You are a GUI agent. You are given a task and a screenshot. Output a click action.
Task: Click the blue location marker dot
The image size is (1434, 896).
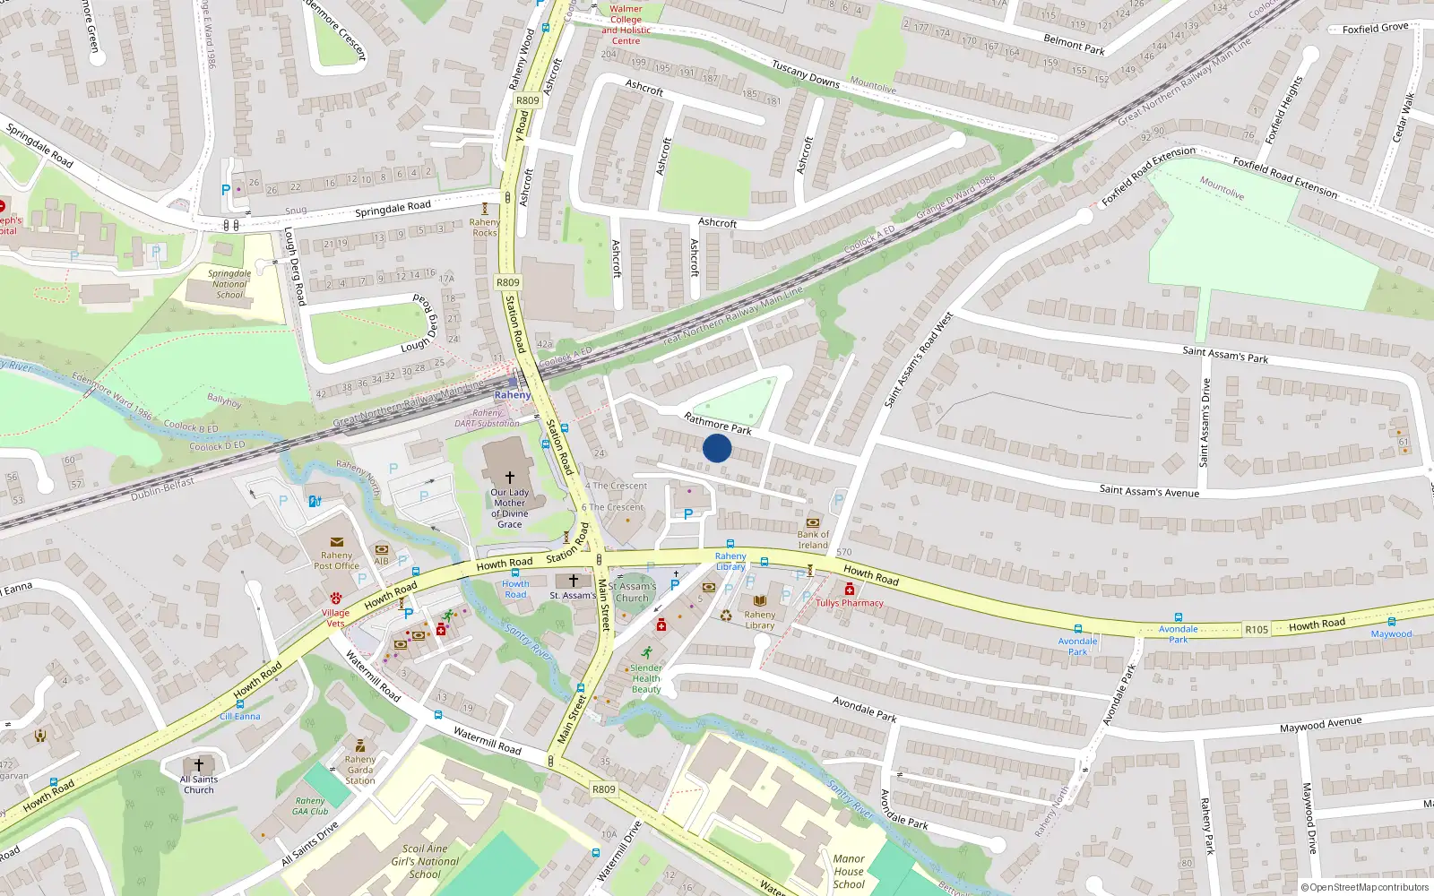coord(717,448)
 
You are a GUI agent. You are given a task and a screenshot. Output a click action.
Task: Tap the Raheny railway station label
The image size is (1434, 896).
coord(513,395)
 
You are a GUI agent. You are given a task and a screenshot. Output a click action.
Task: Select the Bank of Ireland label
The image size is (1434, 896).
coord(813,539)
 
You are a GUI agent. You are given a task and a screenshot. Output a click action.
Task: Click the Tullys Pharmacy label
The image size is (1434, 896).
coord(850,603)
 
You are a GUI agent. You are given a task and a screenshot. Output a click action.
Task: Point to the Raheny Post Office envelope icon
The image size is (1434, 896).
coord(337,542)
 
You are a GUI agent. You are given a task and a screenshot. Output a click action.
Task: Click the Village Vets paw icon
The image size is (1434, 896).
coord(336,598)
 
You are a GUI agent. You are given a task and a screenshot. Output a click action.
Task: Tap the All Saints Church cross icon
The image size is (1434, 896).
coord(199,765)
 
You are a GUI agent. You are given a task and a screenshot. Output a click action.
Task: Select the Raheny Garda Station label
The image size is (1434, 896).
coord(360,770)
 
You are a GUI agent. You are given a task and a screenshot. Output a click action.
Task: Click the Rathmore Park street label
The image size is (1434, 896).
coord(718,424)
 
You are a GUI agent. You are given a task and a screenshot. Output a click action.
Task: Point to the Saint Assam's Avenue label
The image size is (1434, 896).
coord(1149,491)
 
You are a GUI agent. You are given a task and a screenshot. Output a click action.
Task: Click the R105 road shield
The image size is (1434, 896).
coord(1257,630)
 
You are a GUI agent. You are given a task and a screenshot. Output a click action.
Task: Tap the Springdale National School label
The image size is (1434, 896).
coord(229,284)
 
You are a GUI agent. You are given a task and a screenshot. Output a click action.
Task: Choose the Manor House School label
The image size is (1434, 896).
coord(849,871)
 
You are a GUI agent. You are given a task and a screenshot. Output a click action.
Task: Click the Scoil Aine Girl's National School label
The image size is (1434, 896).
coord(425,861)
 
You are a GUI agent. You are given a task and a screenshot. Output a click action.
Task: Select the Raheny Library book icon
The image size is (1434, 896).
coord(760,600)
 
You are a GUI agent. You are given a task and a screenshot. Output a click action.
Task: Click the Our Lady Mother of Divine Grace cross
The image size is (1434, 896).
coord(510,478)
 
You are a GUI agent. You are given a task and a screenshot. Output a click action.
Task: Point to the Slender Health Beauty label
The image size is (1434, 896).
coord(646,678)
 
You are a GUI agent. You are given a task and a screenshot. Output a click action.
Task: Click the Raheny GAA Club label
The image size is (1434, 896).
coord(310,806)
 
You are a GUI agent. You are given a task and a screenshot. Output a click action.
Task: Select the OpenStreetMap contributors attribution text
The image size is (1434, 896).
coord(1365,887)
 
